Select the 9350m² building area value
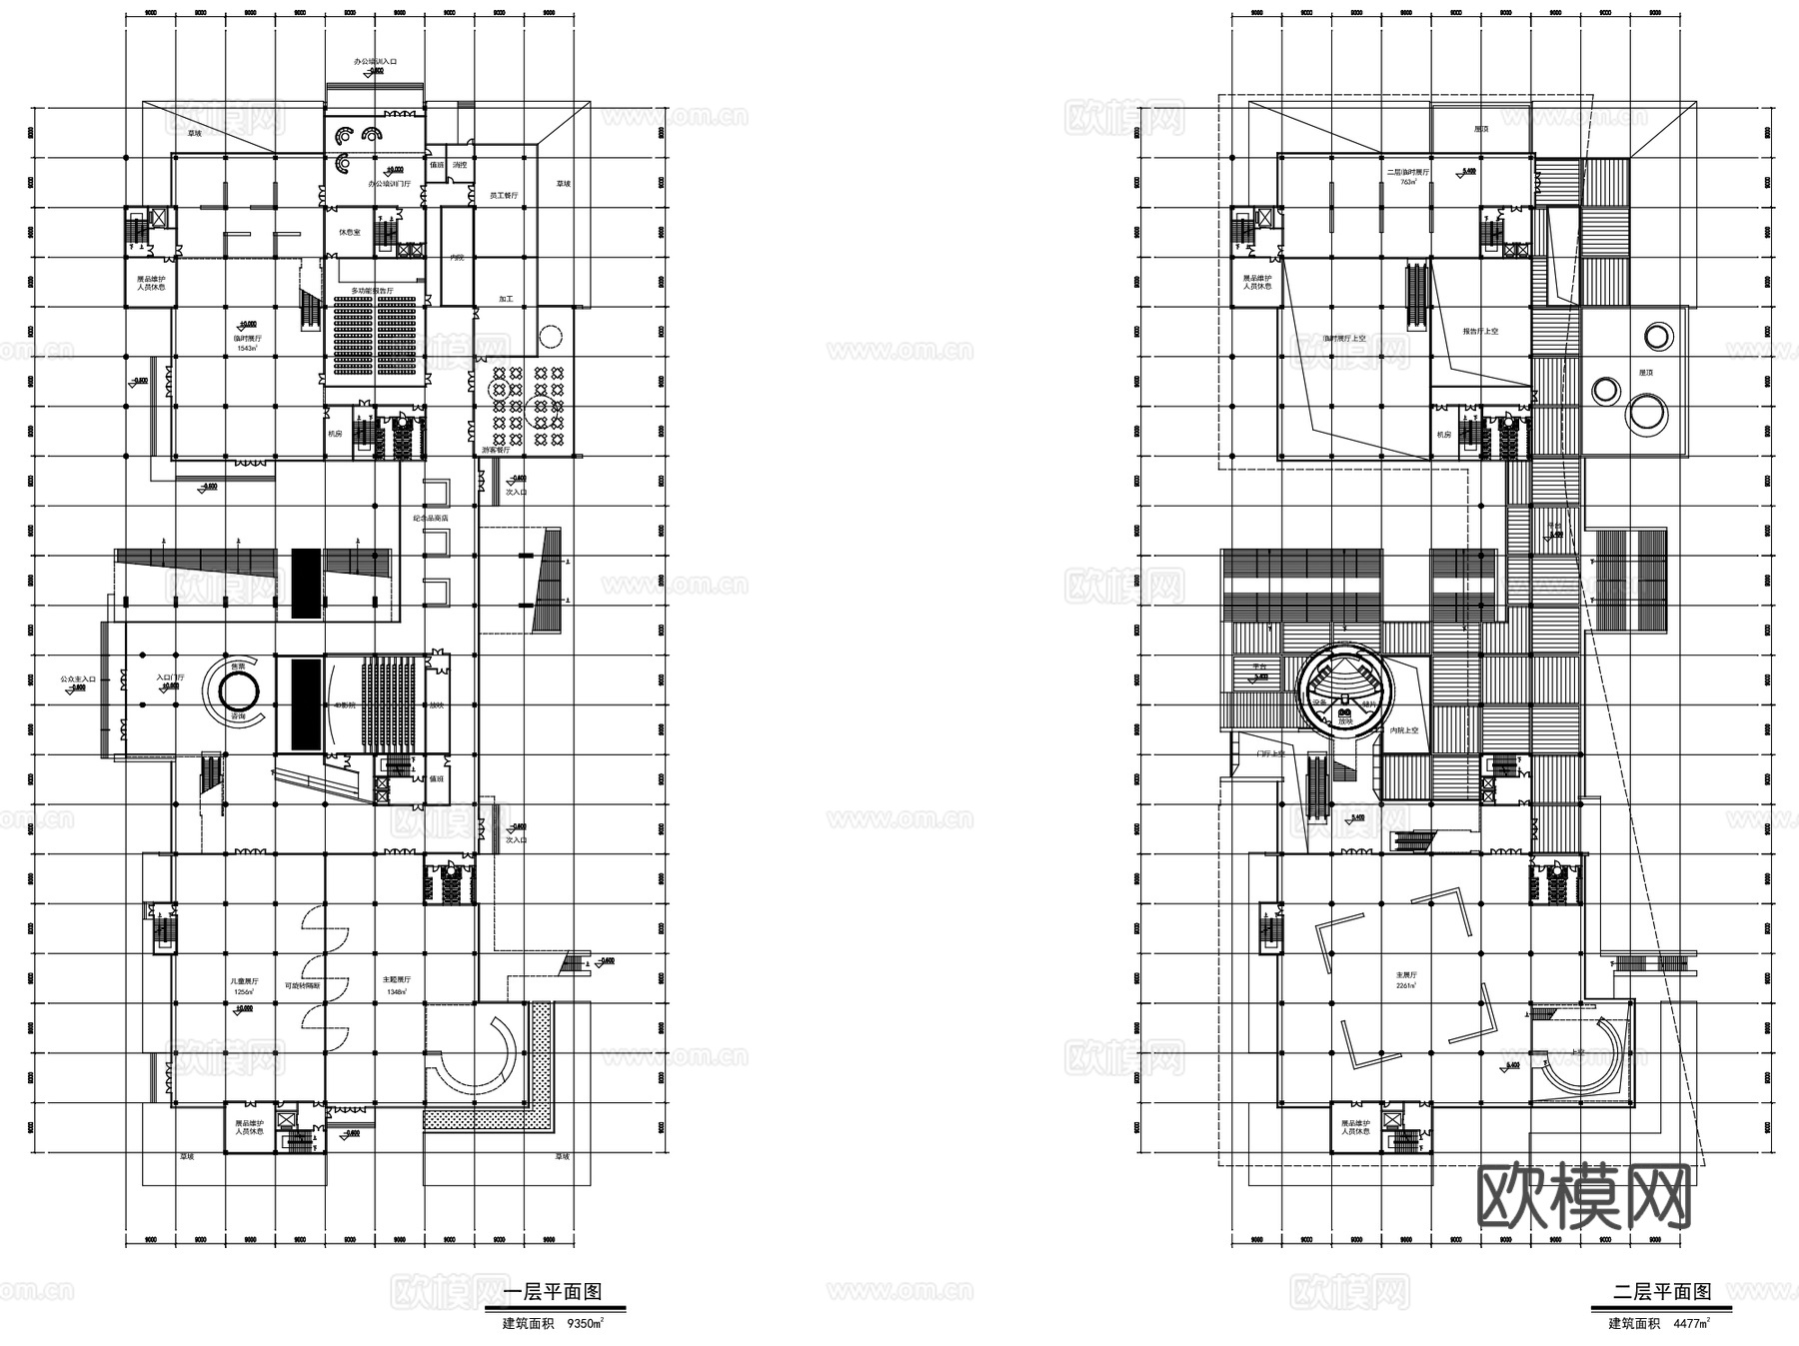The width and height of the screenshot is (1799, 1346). click(x=585, y=1323)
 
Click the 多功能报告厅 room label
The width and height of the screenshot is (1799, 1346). click(x=372, y=291)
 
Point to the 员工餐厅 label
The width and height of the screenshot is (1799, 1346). click(x=503, y=196)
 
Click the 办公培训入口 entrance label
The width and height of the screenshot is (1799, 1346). click(x=375, y=62)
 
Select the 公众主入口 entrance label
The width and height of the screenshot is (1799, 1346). click(x=78, y=678)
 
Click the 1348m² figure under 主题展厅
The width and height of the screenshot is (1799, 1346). click(x=396, y=992)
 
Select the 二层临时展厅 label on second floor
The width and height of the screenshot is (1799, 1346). click(x=1407, y=173)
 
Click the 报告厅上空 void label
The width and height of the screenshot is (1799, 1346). click(x=1480, y=331)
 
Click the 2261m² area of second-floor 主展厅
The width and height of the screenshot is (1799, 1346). click(x=1406, y=985)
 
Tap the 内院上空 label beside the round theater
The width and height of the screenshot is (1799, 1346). click(x=1405, y=730)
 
